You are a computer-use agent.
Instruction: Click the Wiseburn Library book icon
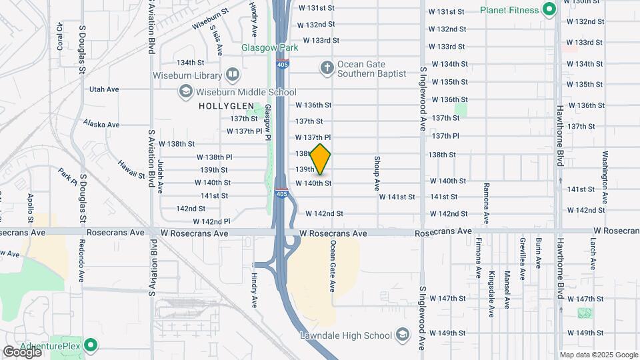tap(233, 73)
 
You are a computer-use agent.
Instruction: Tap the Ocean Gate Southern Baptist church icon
tap(327, 67)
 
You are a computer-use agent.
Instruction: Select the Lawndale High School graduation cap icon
tap(403, 334)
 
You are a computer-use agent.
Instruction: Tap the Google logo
tap(22, 351)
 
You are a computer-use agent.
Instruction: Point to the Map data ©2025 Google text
tap(598, 355)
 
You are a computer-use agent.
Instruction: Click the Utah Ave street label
tap(103, 89)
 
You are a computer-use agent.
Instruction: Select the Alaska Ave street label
tap(101, 124)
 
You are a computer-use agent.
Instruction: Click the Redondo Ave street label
tap(82, 260)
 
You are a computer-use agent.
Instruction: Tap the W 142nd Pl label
tap(211, 221)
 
